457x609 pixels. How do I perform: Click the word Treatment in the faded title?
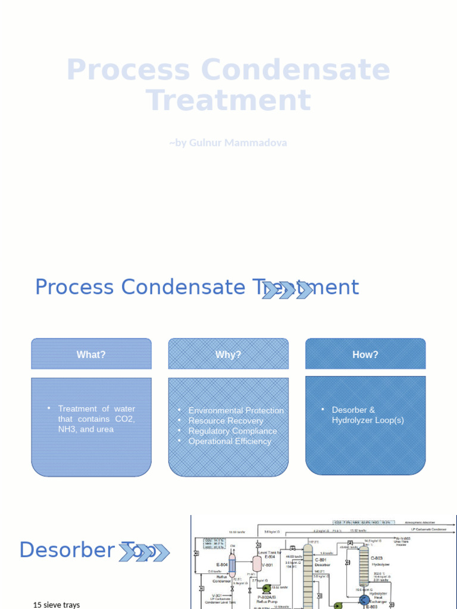pos(228,100)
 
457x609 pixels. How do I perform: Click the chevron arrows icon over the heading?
pos(288,290)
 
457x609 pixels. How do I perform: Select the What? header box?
pos(91,354)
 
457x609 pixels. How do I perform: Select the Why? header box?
pos(228,354)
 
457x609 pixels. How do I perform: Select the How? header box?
pos(365,354)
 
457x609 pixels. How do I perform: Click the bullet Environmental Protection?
pos(236,410)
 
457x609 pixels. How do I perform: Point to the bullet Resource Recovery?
pos(226,420)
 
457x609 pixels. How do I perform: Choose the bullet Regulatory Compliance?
pos(232,431)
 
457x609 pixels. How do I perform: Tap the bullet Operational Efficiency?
pos(230,441)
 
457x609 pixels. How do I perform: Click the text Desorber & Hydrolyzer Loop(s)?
pos(367,415)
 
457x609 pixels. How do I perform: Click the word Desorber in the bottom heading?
pos(66,550)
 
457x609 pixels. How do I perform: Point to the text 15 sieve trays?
pos(56,605)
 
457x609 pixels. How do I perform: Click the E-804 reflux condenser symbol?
pos(233,564)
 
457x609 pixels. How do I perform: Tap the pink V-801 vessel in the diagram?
pos(258,563)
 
